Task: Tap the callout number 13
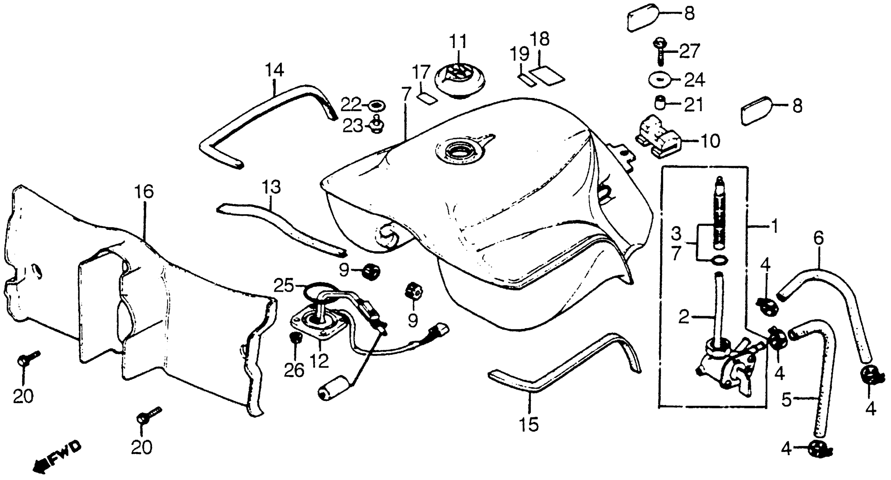click(271, 187)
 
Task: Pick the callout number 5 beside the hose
click(786, 400)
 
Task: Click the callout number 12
click(319, 361)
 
